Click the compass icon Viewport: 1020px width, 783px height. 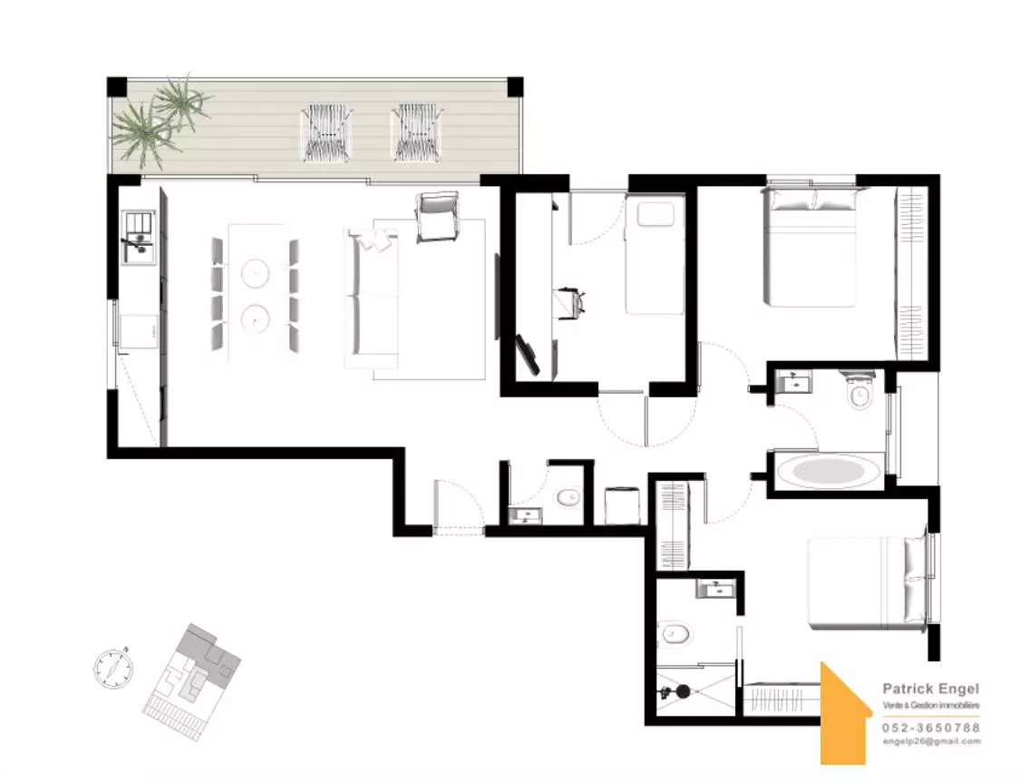[114, 668]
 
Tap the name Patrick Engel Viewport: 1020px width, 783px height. [930, 689]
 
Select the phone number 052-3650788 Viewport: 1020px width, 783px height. [931, 728]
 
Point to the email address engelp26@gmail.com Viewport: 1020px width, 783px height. [931, 741]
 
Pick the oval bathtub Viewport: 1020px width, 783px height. [830, 471]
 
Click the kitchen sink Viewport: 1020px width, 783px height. [139, 238]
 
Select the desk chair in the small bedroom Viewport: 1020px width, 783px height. [572, 303]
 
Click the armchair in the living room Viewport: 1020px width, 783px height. [437, 217]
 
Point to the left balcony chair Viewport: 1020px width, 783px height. [327, 133]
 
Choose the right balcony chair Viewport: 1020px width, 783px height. [417, 132]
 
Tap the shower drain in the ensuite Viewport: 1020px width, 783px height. [683, 691]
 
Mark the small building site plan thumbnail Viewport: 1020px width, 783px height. [192, 673]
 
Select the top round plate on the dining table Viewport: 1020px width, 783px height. [255, 272]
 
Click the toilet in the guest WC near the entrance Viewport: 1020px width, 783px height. [569, 498]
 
